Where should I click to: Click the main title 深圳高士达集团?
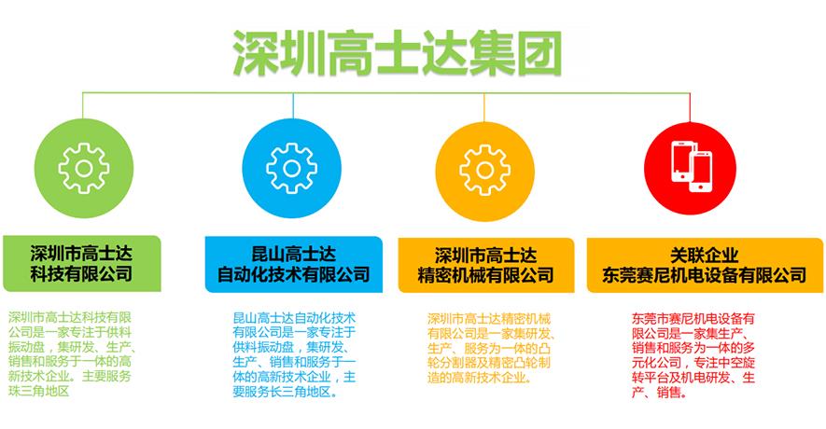[x=398, y=53]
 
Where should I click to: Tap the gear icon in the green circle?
[x=84, y=169]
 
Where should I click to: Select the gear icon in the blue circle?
[x=292, y=169]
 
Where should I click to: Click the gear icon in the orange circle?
[x=484, y=170]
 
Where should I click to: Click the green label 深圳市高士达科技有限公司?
[x=81, y=263]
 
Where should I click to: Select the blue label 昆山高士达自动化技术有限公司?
[x=293, y=264]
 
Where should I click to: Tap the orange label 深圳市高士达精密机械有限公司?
[x=485, y=265]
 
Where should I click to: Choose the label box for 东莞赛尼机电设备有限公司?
[x=705, y=265]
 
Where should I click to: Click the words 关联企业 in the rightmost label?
[x=705, y=256]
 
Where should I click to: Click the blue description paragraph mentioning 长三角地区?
[x=295, y=354]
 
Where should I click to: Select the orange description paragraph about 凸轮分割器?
[x=489, y=348]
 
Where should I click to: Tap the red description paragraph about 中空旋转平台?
[x=693, y=354]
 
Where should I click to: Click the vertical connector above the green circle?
[x=83, y=106]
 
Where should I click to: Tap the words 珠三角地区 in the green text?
[x=39, y=391]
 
